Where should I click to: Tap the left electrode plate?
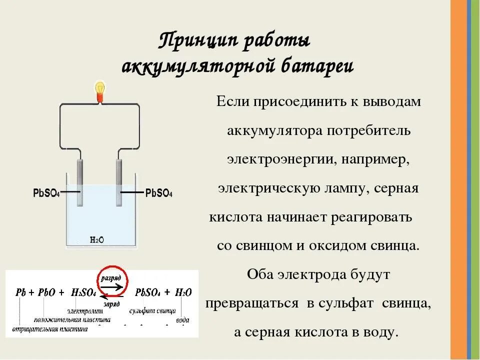point(80,182)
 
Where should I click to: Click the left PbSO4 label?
point(45,193)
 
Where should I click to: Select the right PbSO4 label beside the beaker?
point(158,193)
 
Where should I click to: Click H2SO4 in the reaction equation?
point(82,292)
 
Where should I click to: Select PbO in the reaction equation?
point(48,292)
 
